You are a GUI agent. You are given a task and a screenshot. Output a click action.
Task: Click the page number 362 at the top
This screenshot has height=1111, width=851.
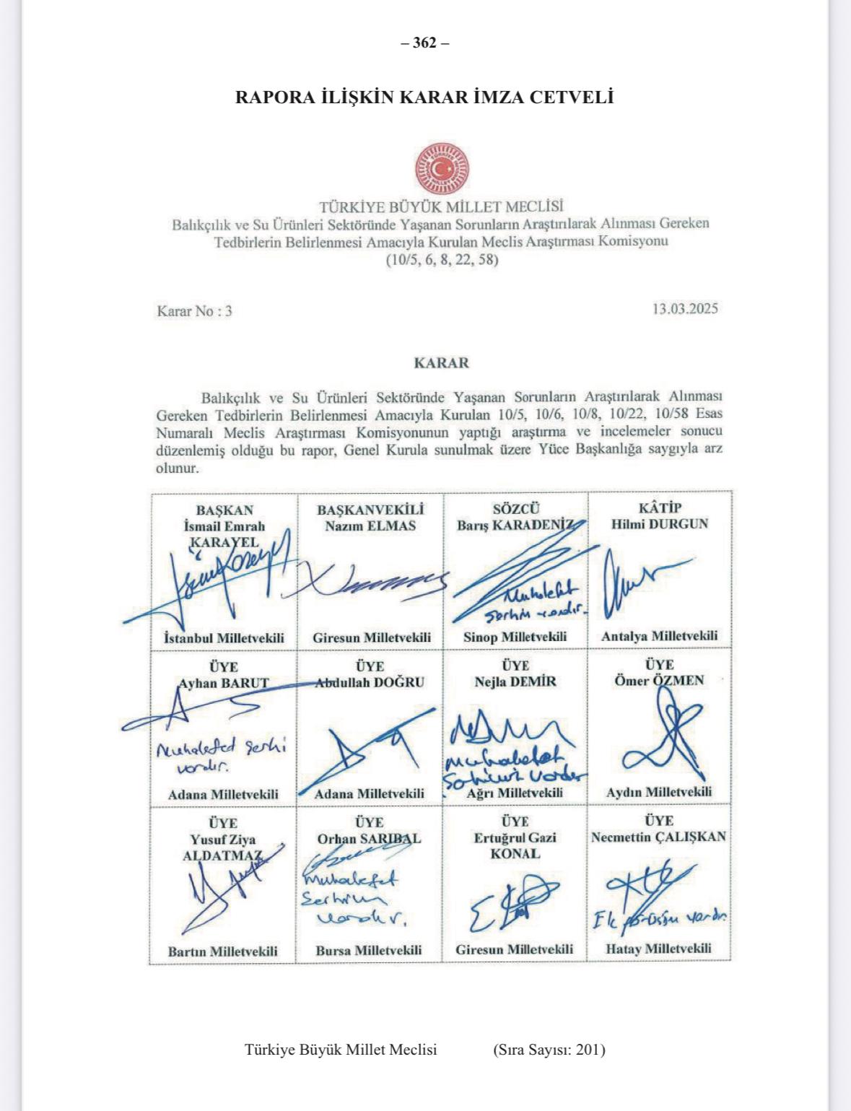(x=425, y=43)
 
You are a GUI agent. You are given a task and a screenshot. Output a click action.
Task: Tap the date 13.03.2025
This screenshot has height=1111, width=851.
(x=685, y=309)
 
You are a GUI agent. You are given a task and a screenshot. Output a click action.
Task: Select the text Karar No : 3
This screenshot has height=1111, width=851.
(x=195, y=311)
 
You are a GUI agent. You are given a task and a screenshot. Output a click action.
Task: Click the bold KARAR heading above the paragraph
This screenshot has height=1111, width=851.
(x=441, y=362)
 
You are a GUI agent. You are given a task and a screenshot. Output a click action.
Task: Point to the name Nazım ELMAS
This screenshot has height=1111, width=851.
(x=370, y=526)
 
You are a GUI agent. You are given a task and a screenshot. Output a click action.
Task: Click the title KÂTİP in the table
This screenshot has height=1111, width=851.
(x=659, y=508)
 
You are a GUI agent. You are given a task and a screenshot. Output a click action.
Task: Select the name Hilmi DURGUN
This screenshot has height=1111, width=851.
(x=660, y=524)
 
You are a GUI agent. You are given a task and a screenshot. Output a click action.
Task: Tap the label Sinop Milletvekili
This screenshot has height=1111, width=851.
(x=515, y=637)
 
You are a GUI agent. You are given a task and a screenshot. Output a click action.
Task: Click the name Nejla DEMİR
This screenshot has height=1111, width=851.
(x=515, y=681)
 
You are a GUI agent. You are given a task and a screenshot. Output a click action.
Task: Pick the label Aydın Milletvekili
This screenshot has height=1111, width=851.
(x=658, y=792)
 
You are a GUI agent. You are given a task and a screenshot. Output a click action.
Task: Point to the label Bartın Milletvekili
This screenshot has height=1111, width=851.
(x=222, y=951)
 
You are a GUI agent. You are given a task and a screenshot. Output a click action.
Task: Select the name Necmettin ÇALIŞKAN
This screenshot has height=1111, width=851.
(x=658, y=837)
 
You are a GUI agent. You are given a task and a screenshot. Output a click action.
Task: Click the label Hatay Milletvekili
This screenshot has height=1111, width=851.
(x=658, y=949)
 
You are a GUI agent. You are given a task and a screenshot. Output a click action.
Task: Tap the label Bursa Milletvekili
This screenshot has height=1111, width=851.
(x=368, y=950)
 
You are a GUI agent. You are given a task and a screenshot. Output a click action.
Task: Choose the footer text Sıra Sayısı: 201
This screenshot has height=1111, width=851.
(x=549, y=1050)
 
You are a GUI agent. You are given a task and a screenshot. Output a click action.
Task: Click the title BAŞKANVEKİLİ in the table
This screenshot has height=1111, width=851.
(x=370, y=510)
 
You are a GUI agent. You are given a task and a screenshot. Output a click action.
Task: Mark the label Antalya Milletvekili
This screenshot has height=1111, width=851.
(x=659, y=636)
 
